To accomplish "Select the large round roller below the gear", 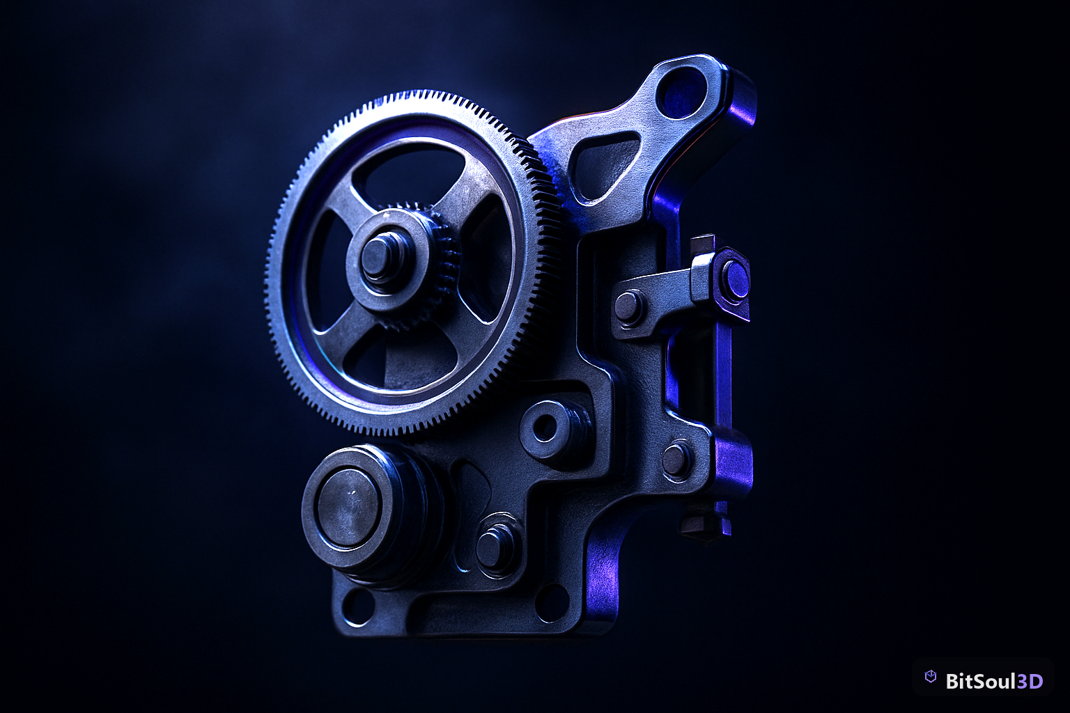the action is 350,508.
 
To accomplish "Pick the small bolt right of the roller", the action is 495,545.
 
